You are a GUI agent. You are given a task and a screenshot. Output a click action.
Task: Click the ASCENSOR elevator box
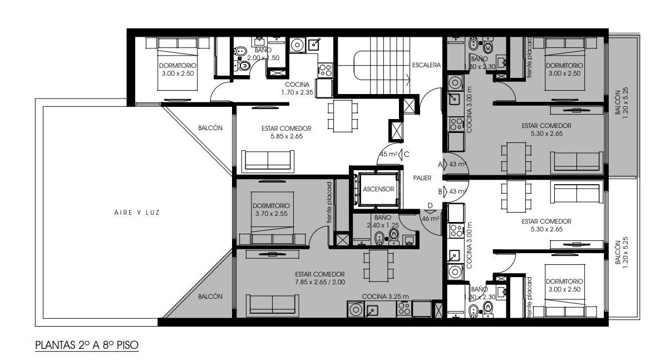(x=378, y=189)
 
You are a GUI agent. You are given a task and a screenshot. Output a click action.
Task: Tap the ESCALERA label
(x=426, y=65)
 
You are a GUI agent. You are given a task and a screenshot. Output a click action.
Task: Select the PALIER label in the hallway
(x=422, y=178)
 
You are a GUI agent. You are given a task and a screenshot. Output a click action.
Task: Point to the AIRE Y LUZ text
(x=137, y=213)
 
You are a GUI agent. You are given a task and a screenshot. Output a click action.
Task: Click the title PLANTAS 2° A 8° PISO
(x=87, y=345)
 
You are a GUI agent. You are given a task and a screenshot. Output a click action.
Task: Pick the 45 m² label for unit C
(x=388, y=154)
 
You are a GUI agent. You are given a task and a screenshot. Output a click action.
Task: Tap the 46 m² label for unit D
(x=431, y=219)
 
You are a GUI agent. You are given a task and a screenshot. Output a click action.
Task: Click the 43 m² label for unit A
(x=458, y=164)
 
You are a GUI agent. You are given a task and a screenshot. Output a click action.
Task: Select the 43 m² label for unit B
(x=458, y=191)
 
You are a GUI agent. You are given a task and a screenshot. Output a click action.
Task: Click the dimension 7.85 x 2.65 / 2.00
(x=320, y=282)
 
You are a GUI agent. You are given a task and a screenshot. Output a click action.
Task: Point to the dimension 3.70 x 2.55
(x=271, y=214)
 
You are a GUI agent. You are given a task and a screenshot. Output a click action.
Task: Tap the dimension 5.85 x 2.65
(x=287, y=136)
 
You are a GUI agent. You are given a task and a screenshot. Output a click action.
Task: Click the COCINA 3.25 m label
(x=385, y=297)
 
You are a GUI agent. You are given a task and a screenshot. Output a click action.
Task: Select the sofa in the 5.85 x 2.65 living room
(x=268, y=161)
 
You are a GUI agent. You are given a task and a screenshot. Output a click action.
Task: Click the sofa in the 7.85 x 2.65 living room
(x=272, y=305)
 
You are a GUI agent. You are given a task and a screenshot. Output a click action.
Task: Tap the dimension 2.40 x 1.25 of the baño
(x=382, y=225)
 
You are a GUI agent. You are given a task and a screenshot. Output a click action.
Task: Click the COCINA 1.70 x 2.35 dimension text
(x=297, y=92)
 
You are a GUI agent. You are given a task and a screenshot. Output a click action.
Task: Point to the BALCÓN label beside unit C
(x=210, y=128)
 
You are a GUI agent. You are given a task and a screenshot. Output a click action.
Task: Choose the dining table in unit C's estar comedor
(x=343, y=116)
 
